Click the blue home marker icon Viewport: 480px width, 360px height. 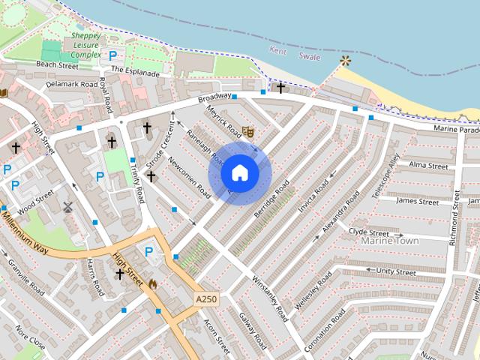point(239,173)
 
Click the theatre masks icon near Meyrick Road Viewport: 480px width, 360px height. point(248,131)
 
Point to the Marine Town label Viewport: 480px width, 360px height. point(390,241)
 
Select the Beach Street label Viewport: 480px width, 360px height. point(57,66)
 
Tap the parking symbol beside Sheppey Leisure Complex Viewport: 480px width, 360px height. point(113,55)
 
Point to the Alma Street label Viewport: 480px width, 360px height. point(428,165)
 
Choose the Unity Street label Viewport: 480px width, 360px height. point(396,271)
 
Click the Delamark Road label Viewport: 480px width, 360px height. point(71,85)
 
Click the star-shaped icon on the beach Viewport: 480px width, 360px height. point(345,59)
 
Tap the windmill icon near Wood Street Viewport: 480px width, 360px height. point(68,207)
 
